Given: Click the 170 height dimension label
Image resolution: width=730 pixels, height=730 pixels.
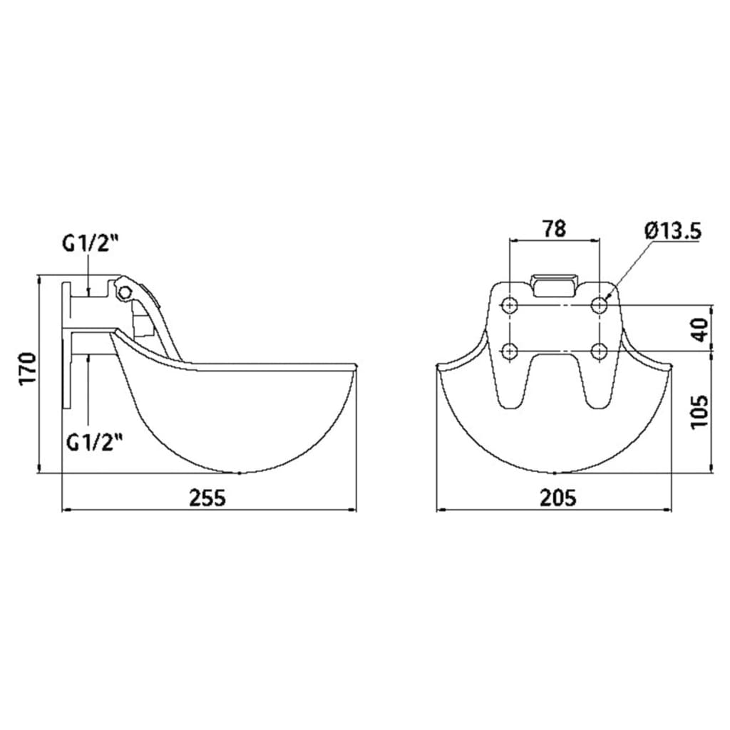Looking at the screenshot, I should point(26,368).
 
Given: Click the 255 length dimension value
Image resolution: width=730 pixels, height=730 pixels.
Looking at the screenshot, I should point(207,497).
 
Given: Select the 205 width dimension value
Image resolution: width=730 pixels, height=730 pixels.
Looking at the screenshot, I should point(557,497).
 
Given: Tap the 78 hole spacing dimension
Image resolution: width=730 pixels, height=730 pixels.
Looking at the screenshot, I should point(554,228).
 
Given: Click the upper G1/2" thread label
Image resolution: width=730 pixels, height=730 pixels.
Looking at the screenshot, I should point(89,243).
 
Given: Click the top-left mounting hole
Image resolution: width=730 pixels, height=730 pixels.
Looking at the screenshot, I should point(509,305).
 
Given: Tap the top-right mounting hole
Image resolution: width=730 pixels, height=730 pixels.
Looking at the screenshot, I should point(600,305).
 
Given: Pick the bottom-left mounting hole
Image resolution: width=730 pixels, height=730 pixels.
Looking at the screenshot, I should point(509,351).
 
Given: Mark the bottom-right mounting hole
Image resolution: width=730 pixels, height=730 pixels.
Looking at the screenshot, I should point(600,351).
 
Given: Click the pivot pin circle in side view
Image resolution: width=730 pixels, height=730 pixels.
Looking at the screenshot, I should point(126,292).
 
